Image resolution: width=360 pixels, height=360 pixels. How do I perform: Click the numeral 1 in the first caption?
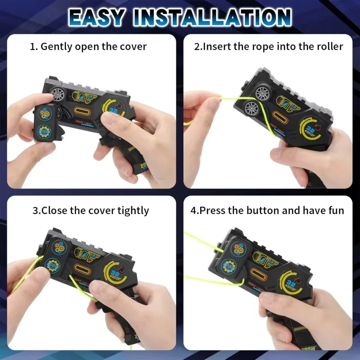tap(32, 46)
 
